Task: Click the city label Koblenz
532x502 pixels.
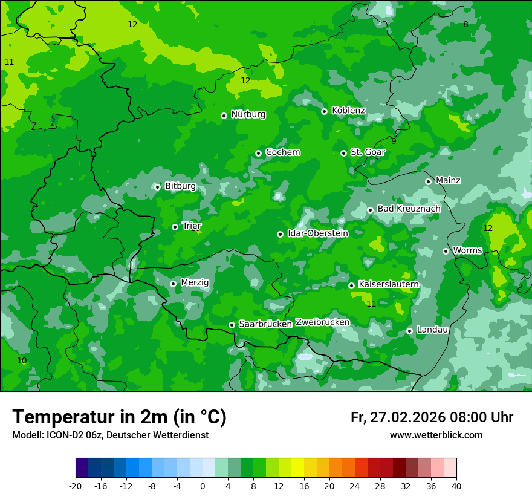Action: (348, 111)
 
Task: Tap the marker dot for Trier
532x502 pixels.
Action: (175, 227)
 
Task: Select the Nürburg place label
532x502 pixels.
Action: (248, 114)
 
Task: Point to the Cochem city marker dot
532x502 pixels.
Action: (258, 153)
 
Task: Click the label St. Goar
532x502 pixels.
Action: (368, 152)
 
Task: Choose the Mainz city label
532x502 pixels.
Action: (448, 180)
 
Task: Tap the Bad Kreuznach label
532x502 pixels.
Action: (409, 209)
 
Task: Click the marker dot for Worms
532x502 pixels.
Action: (446, 251)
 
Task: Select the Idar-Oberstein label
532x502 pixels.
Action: (317, 233)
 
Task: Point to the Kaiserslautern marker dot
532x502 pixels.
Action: (351, 285)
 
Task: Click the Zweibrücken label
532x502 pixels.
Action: (322, 322)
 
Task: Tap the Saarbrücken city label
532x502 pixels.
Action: (265, 324)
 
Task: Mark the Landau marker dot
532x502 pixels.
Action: (409, 331)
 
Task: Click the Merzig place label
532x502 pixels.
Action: (195, 282)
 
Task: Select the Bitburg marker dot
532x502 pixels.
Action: (157, 187)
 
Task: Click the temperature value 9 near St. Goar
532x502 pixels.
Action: (394, 141)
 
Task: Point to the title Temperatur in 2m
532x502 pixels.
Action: (119, 417)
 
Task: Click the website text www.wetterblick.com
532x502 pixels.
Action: (436, 435)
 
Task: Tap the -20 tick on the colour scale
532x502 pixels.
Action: (76, 486)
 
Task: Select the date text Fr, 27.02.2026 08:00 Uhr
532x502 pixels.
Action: (432, 417)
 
